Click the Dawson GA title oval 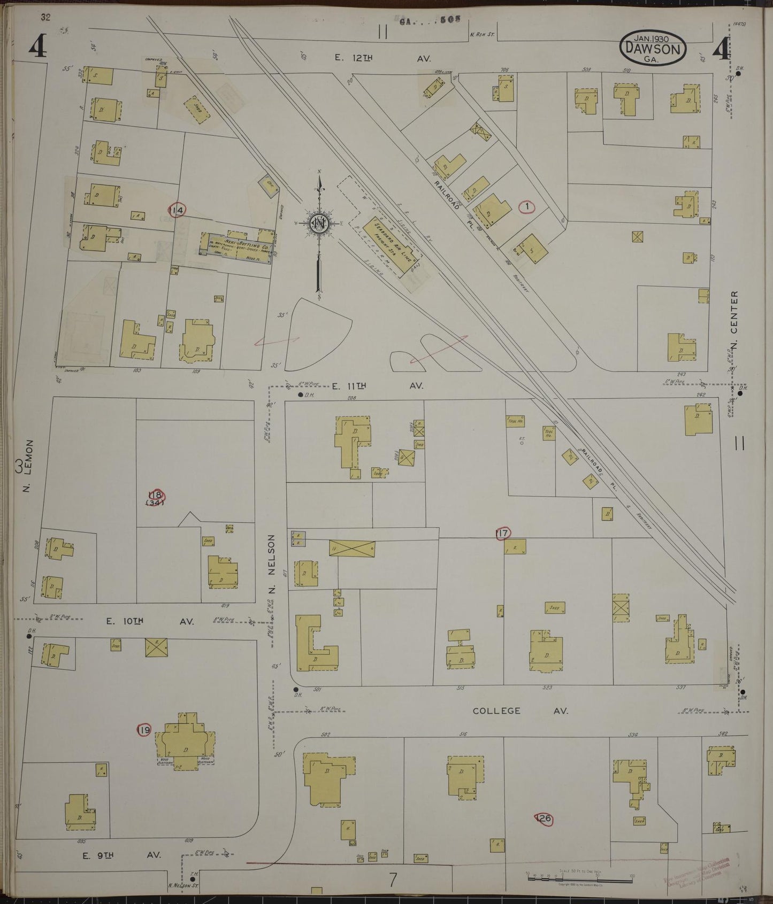653,49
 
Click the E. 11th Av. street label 377,385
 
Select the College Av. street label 520,710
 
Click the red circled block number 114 177,210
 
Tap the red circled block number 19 144,730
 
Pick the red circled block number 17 502,532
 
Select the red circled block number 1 527,206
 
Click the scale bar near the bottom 580,878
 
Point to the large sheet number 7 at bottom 393,880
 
